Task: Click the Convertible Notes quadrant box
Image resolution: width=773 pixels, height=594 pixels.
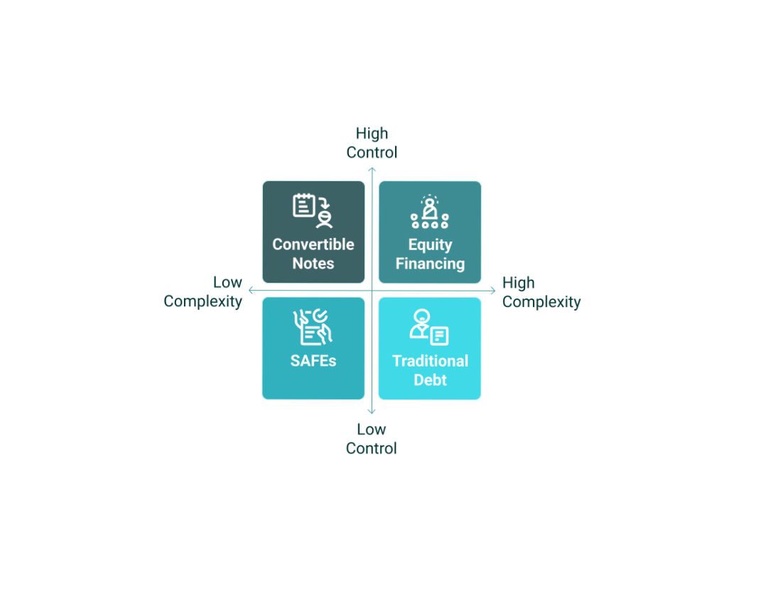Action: click(x=313, y=232)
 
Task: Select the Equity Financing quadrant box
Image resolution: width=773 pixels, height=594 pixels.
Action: click(x=430, y=232)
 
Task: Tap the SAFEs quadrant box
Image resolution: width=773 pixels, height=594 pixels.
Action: click(x=313, y=348)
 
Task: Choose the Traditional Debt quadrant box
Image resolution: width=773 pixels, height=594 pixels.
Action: click(x=430, y=348)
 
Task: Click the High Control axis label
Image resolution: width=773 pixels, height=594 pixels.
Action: click(x=372, y=143)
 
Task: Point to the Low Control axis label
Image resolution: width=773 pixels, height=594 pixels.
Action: click(x=371, y=438)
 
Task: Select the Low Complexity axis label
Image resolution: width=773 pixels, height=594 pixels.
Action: click(x=202, y=291)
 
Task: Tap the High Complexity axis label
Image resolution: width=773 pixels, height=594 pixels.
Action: click(x=541, y=292)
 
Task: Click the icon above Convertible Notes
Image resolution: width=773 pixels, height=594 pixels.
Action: click(x=313, y=210)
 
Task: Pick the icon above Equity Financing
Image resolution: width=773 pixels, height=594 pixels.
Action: click(x=430, y=212)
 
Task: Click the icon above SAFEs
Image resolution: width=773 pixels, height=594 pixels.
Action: click(x=313, y=327)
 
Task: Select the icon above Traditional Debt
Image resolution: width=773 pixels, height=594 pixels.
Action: click(x=429, y=327)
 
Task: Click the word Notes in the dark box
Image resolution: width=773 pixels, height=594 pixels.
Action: click(x=313, y=263)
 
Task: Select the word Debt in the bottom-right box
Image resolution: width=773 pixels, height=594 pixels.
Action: click(x=430, y=380)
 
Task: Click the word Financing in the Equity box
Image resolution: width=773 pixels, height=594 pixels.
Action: click(x=430, y=264)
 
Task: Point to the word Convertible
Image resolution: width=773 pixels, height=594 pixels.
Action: click(x=313, y=244)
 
